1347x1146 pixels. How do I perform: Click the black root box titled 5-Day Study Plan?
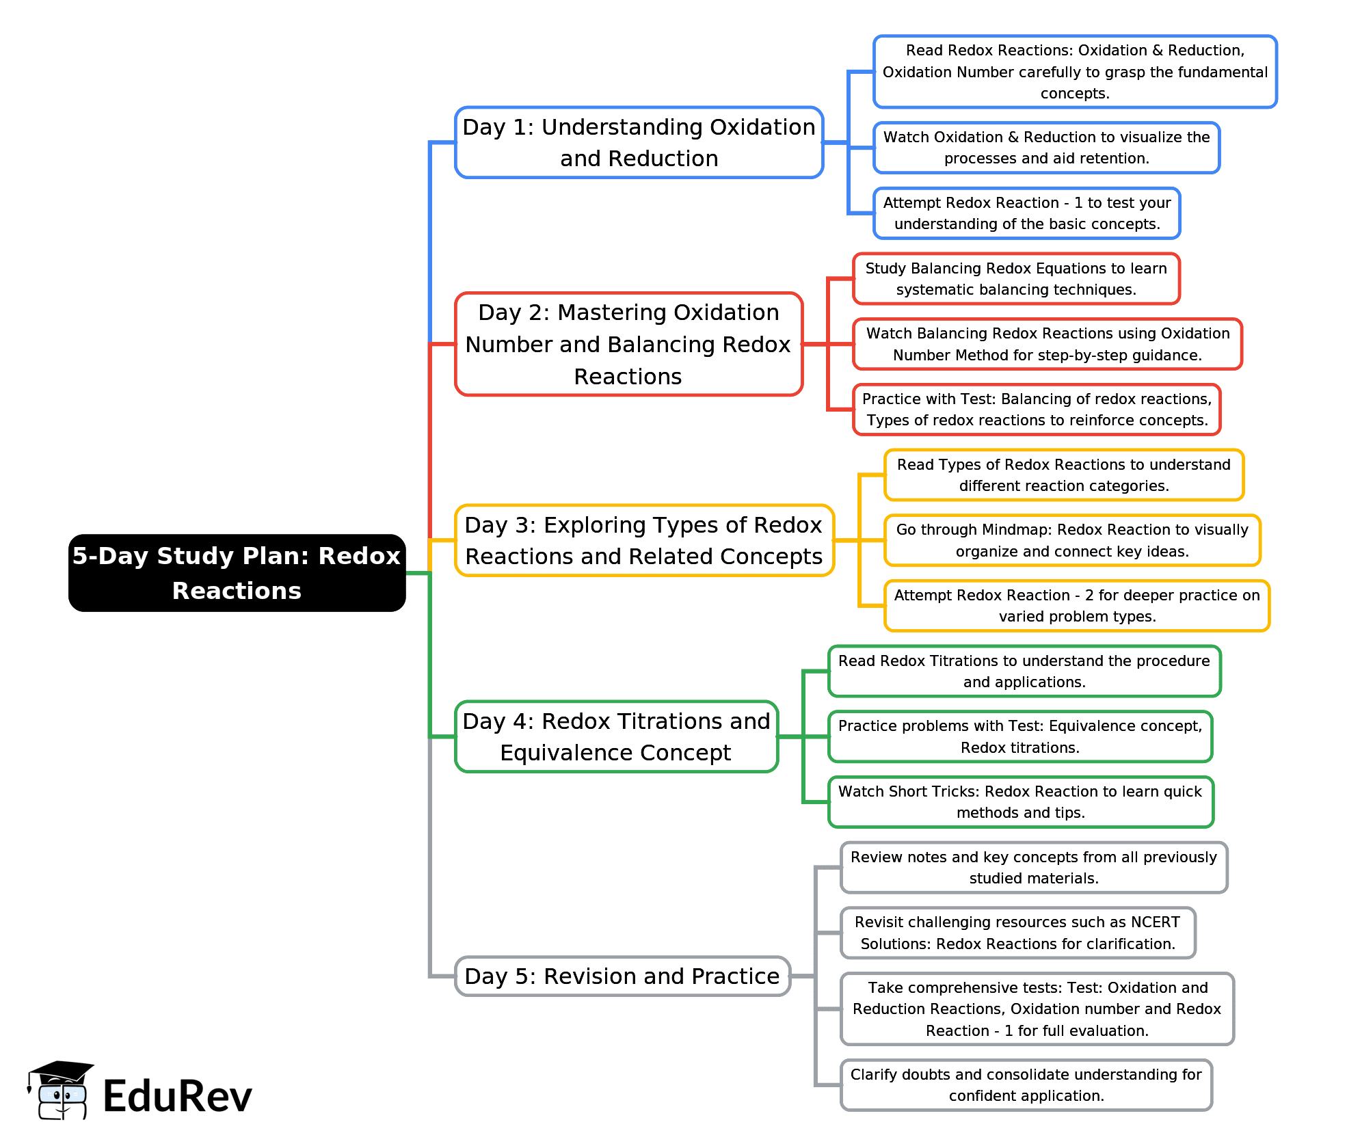(x=237, y=573)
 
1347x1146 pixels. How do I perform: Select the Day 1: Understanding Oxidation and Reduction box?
(x=639, y=142)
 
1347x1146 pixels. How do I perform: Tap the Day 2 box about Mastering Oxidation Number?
(x=628, y=344)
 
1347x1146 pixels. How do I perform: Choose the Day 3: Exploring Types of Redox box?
(x=644, y=540)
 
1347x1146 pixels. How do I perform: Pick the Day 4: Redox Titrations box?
(x=616, y=736)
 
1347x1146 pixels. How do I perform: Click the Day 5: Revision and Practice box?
(x=622, y=976)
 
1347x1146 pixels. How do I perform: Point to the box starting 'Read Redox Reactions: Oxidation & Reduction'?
(x=1075, y=72)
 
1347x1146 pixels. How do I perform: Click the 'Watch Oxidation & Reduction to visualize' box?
(x=1046, y=148)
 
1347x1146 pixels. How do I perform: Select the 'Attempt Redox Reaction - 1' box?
(x=1026, y=213)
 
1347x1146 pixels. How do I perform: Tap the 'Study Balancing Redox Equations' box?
(x=1016, y=279)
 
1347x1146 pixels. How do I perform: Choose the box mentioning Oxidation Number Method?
(x=1047, y=344)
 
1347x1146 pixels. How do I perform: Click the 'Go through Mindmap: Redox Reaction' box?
(x=1072, y=540)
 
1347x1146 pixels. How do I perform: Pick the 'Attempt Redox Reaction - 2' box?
(x=1077, y=606)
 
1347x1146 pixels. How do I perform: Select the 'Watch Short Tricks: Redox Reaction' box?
(x=1020, y=802)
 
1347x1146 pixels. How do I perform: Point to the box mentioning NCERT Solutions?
(x=1017, y=933)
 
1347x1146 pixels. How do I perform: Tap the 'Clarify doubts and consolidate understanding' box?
(x=1026, y=1085)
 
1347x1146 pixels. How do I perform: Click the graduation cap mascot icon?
(x=59, y=1091)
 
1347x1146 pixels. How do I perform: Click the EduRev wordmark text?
(x=177, y=1096)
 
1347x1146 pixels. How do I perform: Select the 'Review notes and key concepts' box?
(x=1034, y=868)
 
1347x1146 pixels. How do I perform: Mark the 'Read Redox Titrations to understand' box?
(x=1024, y=671)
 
